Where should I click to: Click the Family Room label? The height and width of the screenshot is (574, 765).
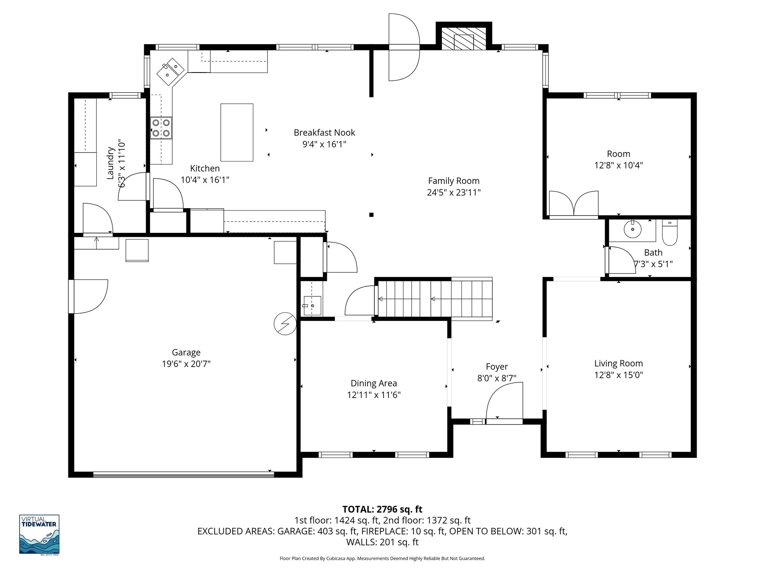[x=453, y=181]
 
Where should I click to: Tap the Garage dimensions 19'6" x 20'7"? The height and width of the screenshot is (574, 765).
[x=186, y=364]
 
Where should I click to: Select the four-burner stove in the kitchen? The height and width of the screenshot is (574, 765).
[x=161, y=127]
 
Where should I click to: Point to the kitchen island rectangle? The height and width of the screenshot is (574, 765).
[x=237, y=132]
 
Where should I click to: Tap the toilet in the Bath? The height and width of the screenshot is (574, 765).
[x=670, y=233]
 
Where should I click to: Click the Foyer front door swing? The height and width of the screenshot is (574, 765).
[x=504, y=402]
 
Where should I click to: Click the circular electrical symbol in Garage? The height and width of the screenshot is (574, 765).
[x=285, y=323]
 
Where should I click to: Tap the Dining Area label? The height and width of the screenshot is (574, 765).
[x=374, y=383]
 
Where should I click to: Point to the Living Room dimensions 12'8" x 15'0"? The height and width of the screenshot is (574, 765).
[x=619, y=375]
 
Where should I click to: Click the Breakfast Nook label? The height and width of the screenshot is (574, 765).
[x=324, y=133]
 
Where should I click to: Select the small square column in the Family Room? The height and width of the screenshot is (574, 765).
[x=371, y=215]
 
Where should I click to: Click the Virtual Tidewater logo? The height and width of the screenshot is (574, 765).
[x=39, y=534]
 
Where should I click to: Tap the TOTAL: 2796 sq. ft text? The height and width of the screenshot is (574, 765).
[x=382, y=509]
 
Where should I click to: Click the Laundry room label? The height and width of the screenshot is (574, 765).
[x=111, y=163]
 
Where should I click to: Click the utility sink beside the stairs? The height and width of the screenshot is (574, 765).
[x=312, y=305]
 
